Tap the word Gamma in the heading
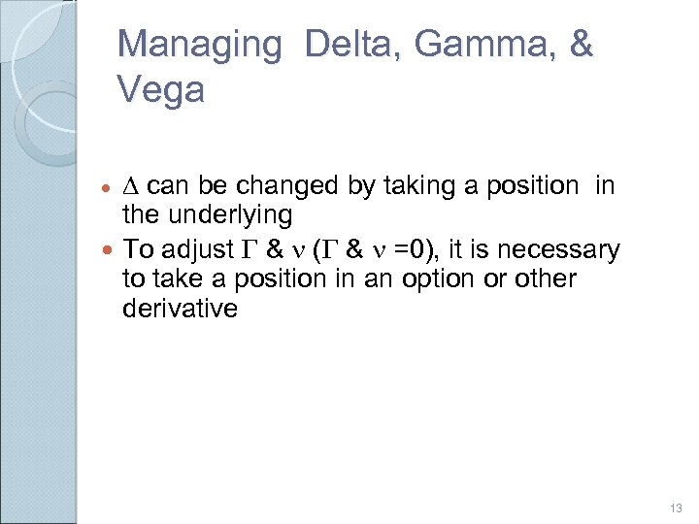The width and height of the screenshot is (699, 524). pos(476,45)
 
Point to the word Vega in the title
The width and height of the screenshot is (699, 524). pos(160,90)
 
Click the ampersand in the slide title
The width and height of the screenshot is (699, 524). pos(581,45)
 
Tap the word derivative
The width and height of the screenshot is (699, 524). pos(180,310)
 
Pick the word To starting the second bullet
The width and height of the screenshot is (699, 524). pos(138,249)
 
